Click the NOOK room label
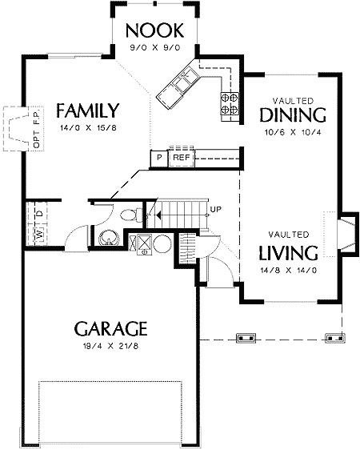tap(154, 30)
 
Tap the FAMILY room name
tap(88, 110)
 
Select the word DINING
tap(293, 115)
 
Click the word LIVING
tap(288, 253)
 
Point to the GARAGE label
tap(110, 329)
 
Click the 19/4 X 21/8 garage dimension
tap(110, 346)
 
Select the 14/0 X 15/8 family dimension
tap(88, 127)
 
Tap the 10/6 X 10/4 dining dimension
tap(293, 132)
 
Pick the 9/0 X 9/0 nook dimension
tap(155, 47)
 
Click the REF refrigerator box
tap(182, 157)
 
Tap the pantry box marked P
tap(159, 158)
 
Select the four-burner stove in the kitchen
tap(230, 103)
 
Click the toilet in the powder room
tap(131, 215)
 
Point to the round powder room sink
tap(109, 238)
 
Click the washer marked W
tap(40, 235)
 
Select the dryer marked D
tap(41, 214)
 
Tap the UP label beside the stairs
tap(215, 209)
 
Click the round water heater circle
tap(162, 244)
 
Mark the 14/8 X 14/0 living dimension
tap(289, 271)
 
